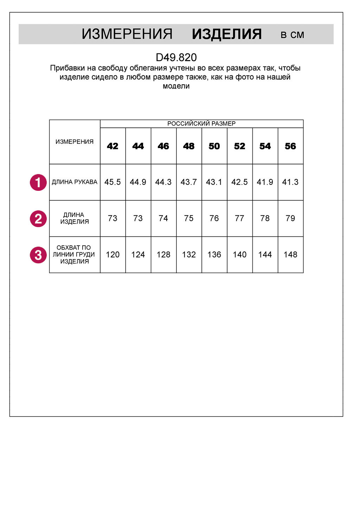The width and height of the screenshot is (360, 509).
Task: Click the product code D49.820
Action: pyautogui.click(x=176, y=57)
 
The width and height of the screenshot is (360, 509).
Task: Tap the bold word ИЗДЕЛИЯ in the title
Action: pyautogui.click(x=227, y=34)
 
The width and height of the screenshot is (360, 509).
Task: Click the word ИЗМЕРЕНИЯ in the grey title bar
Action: pyautogui.click(x=127, y=34)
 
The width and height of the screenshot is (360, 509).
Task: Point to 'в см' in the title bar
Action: pyautogui.click(x=292, y=35)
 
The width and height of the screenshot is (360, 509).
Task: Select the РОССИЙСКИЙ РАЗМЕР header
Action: pyautogui.click(x=201, y=123)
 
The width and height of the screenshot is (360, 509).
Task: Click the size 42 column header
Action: pyautogui.click(x=112, y=146)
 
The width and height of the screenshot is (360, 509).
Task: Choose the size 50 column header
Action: pyautogui.click(x=214, y=146)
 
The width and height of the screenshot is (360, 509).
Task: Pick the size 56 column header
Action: pyautogui.click(x=290, y=146)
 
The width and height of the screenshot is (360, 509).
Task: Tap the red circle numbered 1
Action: pyautogui.click(x=38, y=182)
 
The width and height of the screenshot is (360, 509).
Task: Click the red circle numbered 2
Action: pyautogui.click(x=38, y=219)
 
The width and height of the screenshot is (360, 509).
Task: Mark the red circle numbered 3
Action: pyautogui.click(x=38, y=255)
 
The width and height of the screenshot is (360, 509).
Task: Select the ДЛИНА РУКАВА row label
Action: pyautogui.click(x=75, y=182)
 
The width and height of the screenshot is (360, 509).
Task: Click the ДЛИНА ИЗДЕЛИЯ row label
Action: pyautogui.click(x=75, y=218)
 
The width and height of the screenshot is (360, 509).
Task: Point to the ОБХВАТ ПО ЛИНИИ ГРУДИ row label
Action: pyautogui.click(x=74, y=254)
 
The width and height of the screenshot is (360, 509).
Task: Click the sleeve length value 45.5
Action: pyautogui.click(x=112, y=182)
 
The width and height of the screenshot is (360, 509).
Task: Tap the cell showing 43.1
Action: pyautogui.click(x=214, y=182)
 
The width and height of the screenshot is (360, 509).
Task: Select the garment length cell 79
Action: pyautogui.click(x=290, y=218)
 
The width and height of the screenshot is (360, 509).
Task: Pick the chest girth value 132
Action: pyautogui.click(x=189, y=254)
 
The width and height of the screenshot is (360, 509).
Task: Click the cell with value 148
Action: pyautogui.click(x=290, y=254)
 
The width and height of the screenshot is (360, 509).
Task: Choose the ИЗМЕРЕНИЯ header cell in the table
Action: pyautogui.click(x=75, y=142)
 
